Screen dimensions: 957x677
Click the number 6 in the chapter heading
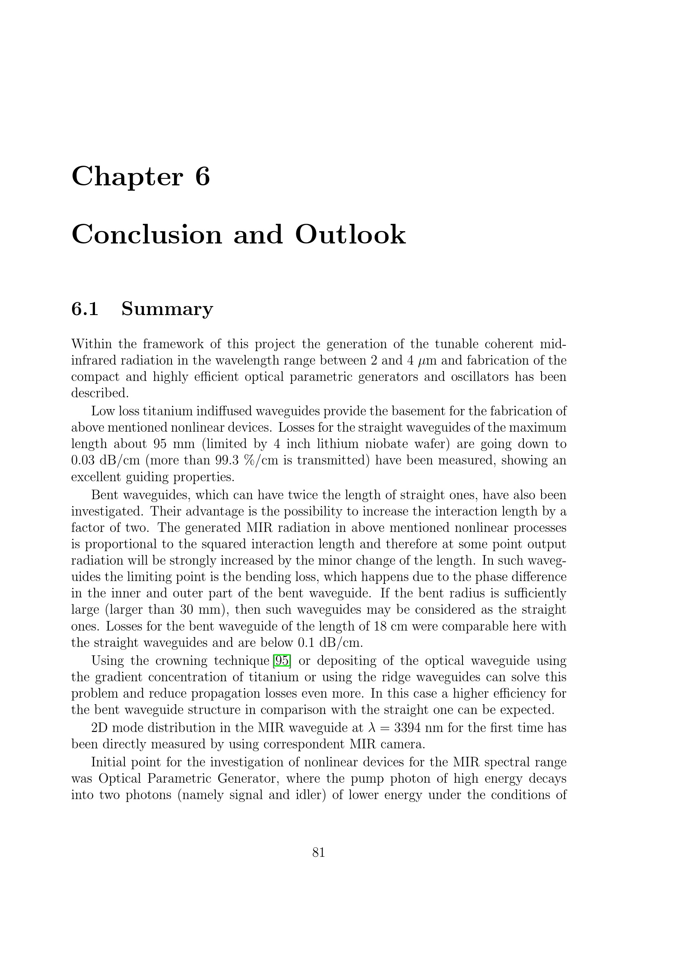[202, 176]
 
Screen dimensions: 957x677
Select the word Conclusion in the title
[147, 235]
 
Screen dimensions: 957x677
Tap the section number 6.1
[85, 309]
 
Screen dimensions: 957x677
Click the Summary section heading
[167, 309]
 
